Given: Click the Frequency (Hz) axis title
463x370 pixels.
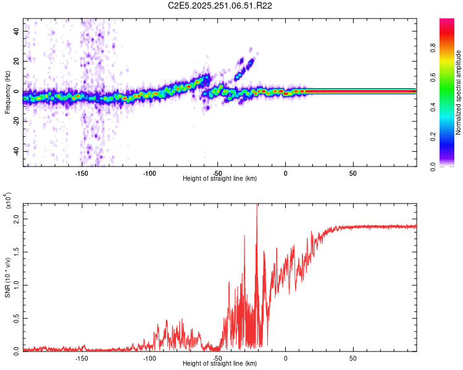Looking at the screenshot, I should [x=7, y=92].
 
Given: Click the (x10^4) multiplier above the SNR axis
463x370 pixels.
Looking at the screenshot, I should [x=8, y=201].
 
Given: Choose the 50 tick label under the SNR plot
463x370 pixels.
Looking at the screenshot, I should [x=352, y=358].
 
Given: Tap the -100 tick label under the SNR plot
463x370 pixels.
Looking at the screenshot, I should [x=149, y=358].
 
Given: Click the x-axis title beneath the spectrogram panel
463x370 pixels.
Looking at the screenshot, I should [x=220, y=179].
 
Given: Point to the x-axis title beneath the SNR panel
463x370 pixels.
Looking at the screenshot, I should [x=220, y=364].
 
